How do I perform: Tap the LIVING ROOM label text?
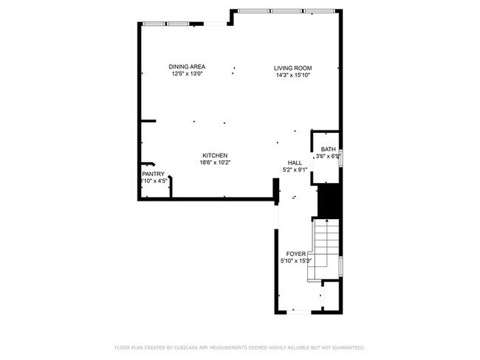293,68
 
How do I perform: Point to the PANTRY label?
153,174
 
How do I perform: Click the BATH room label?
328,149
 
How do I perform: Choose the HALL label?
295,163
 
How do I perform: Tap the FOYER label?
295,254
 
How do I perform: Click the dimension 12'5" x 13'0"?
187,74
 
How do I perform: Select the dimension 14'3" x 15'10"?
293,75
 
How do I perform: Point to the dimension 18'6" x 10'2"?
215,162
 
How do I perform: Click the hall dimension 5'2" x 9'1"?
295,170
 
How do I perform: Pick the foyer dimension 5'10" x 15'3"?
295,260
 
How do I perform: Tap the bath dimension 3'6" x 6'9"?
328,156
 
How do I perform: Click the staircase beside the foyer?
325,247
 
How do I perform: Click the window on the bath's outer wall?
340,159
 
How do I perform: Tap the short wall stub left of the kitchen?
148,120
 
